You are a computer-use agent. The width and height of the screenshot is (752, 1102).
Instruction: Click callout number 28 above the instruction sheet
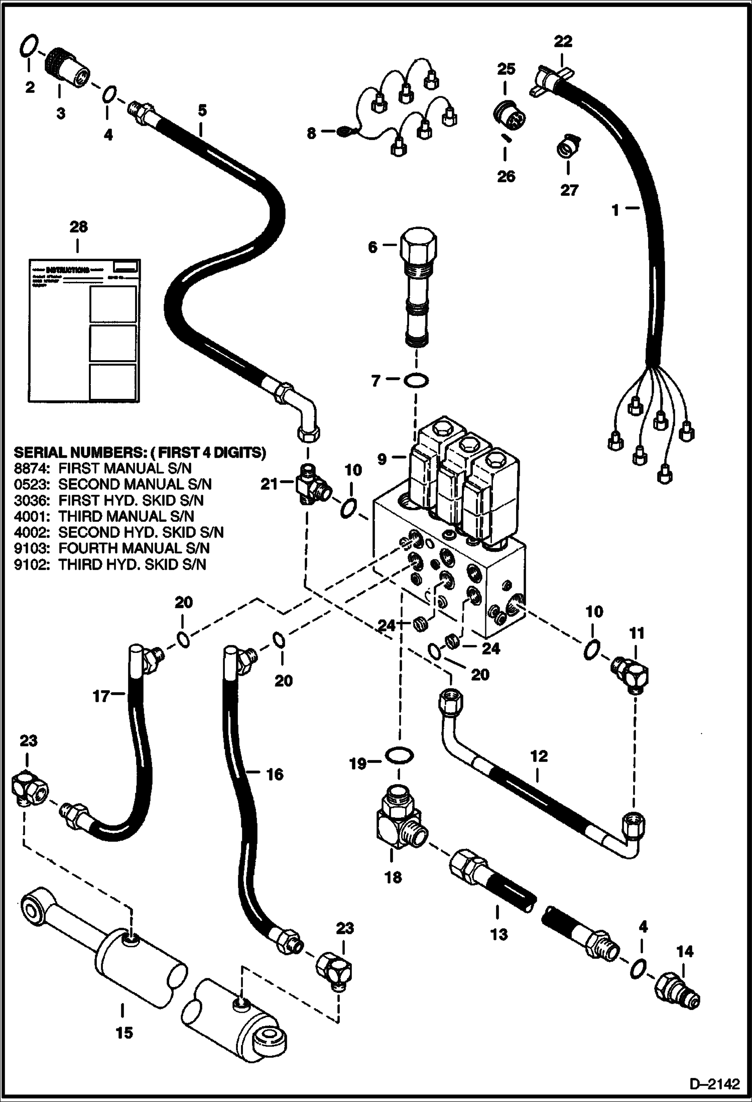[78, 227]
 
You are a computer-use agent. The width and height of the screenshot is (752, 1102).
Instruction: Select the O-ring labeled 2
[29, 46]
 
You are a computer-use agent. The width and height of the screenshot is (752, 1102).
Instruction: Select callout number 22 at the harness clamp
[563, 41]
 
